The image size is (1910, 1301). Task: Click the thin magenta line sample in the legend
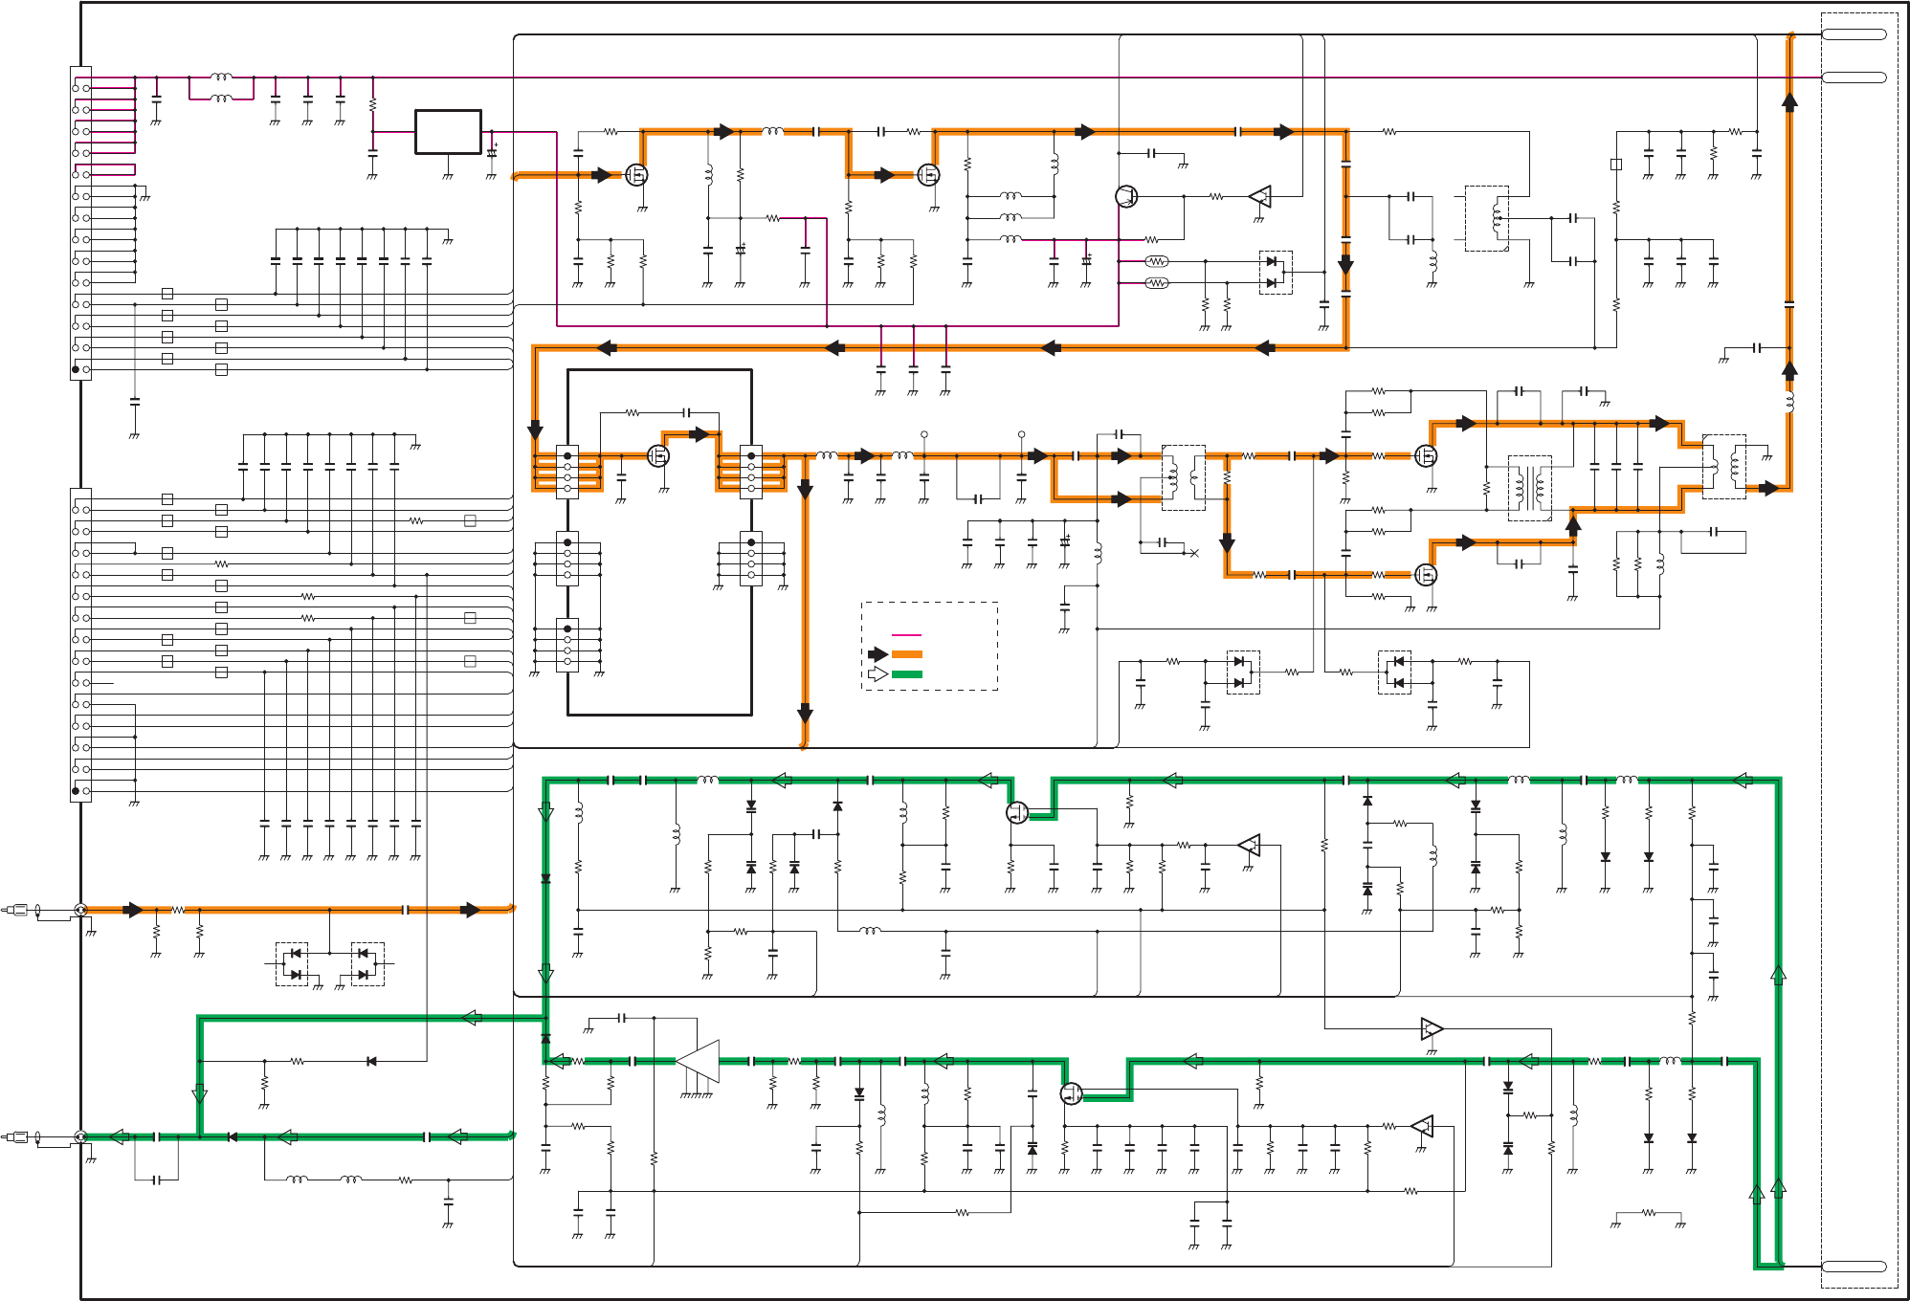pyautogui.click(x=906, y=635)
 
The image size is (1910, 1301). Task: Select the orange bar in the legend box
pyautogui.click(x=906, y=654)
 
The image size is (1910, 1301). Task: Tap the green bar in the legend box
pyautogui.click(x=906, y=674)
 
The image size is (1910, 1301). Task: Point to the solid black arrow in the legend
pyautogui.click(x=877, y=654)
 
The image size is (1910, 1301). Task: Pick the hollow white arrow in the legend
pyautogui.click(x=877, y=674)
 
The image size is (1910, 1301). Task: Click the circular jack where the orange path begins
pyautogui.click(x=81, y=910)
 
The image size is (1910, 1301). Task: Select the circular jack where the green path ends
pyautogui.click(x=81, y=1136)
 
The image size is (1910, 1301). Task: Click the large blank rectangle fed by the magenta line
pyautogui.click(x=448, y=132)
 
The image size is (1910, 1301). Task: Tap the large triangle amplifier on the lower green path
pyautogui.click(x=700, y=1061)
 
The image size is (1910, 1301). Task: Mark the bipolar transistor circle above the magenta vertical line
pyautogui.click(x=1126, y=196)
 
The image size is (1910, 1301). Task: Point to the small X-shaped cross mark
pyautogui.click(x=1194, y=553)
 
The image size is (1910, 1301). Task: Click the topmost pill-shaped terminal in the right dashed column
pyautogui.click(x=1854, y=34)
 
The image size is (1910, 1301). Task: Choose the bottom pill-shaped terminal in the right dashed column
pyautogui.click(x=1854, y=1267)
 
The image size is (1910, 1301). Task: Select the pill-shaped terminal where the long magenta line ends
pyautogui.click(x=1854, y=77)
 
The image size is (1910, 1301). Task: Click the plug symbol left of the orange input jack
pyautogui.click(x=17, y=910)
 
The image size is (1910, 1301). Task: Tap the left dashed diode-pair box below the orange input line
pyautogui.click(x=292, y=964)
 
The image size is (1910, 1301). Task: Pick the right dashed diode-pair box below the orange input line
pyautogui.click(x=367, y=964)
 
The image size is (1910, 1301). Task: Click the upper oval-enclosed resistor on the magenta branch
pyautogui.click(x=1157, y=261)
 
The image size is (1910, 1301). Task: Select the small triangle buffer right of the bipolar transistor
pyautogui.click(x=1261, y=197)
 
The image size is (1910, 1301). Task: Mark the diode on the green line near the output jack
pyautogui.click(x=232, y=1136)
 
